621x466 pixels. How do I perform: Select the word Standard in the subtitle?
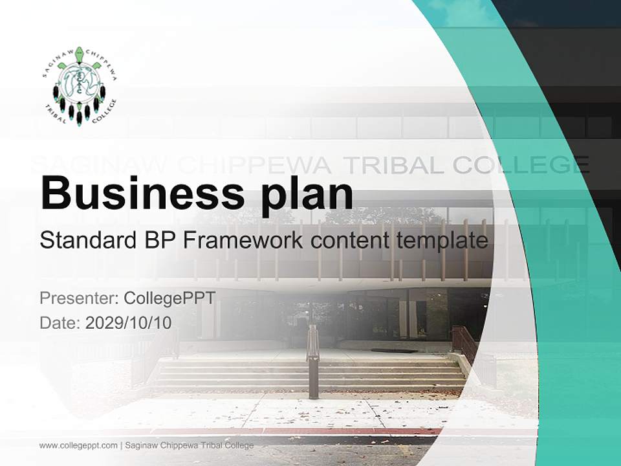click(87, 241)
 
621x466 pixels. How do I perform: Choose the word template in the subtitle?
click(442, 241)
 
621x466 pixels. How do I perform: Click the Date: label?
click(60, 323)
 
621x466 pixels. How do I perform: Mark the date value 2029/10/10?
click(129, 323)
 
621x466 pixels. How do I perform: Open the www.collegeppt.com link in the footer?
click(78, 445)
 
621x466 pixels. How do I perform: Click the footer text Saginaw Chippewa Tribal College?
click(189, 445)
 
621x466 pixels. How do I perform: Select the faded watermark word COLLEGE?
click(520, 165)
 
